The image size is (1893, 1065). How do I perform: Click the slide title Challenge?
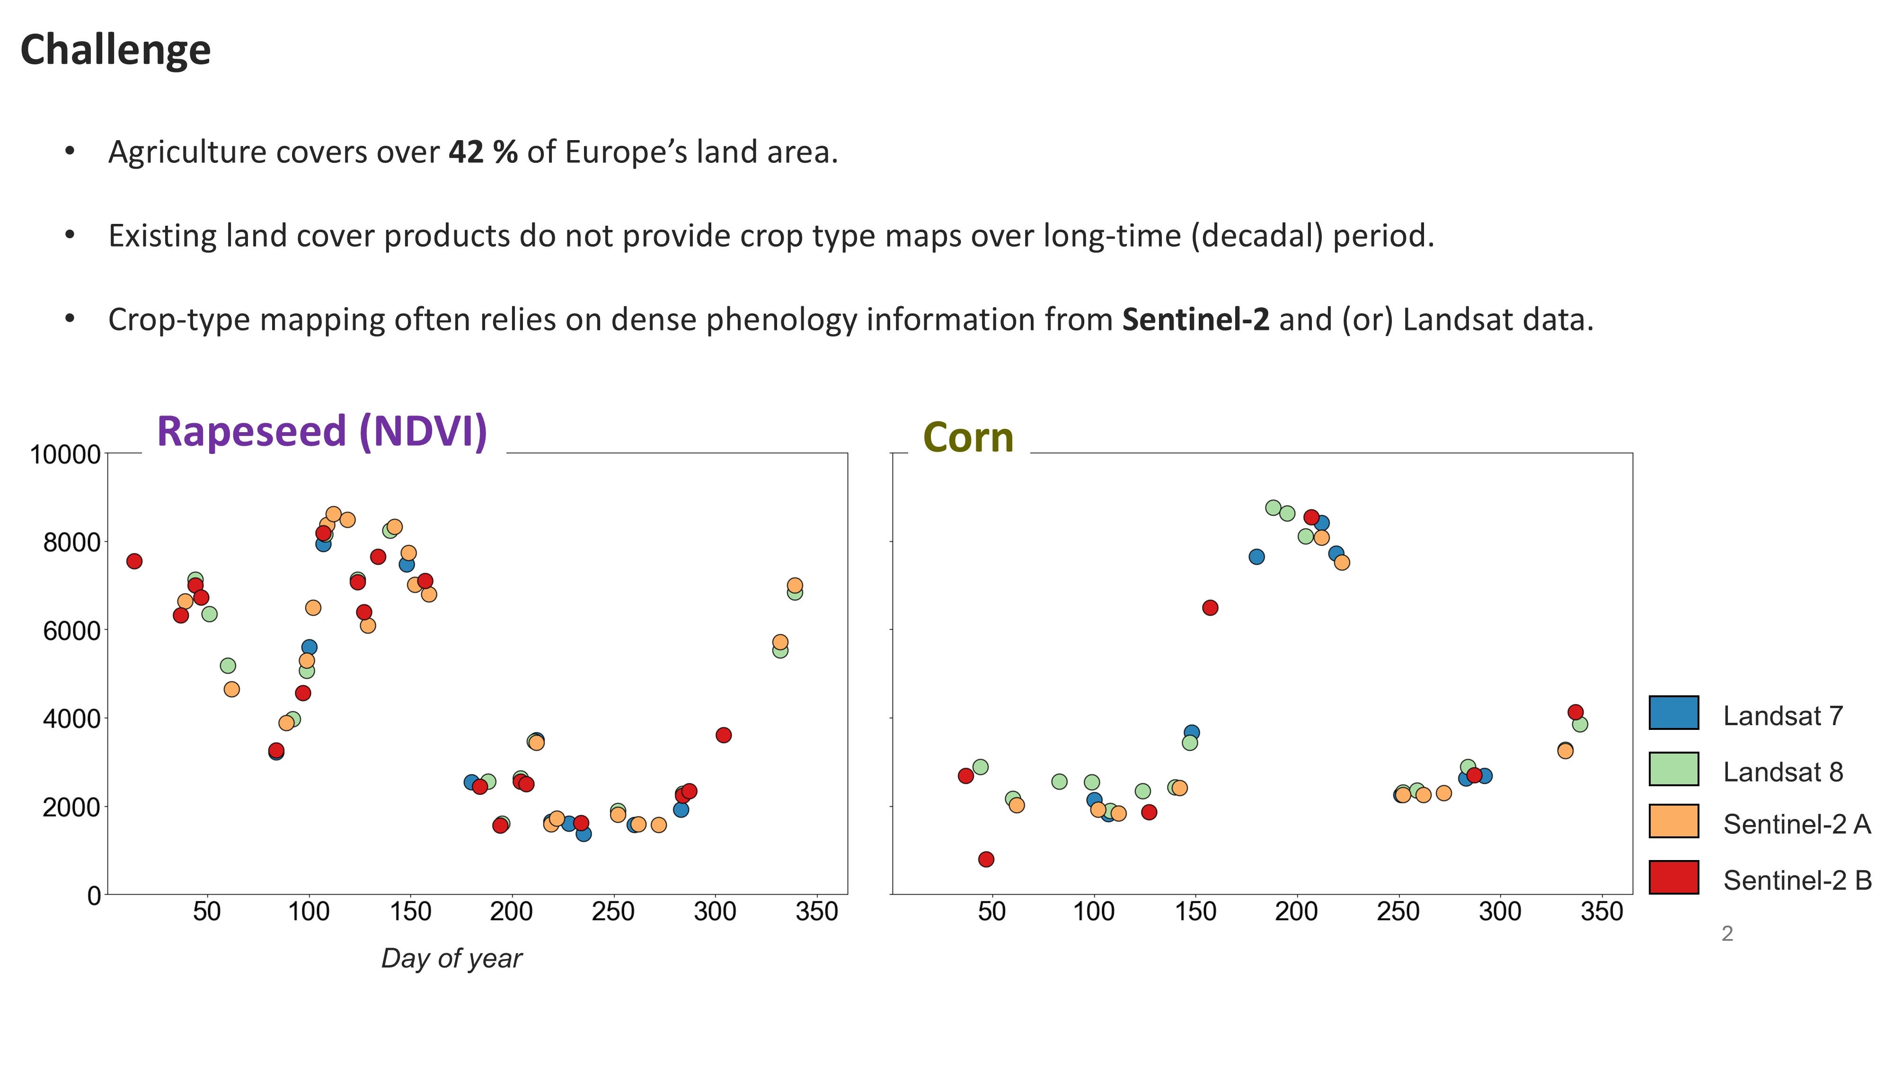click(x=115, y=50)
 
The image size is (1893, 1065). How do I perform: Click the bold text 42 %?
click(x=483, y=152)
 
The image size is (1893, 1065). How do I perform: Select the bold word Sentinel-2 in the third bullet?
click(x=1195, y=319)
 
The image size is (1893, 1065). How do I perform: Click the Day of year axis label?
click(x=451, y=958)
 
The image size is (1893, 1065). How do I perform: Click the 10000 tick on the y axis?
click(x=65, y=455)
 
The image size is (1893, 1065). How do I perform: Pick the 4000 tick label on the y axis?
click(x=71, y=719)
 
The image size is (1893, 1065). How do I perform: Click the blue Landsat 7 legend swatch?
click(x=1673, y=712)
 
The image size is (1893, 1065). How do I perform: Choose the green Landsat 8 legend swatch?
click(x=1673, y=769)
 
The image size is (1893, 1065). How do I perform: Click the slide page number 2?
click(x=1727, y=933)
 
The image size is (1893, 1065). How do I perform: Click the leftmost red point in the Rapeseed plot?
click(x=134, y=561)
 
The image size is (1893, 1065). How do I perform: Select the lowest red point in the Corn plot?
click(x=986, y=859)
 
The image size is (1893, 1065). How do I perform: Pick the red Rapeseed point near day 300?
click(x=723, y=735)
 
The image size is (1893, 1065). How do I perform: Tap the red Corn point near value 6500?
click(x=1210, y=608)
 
